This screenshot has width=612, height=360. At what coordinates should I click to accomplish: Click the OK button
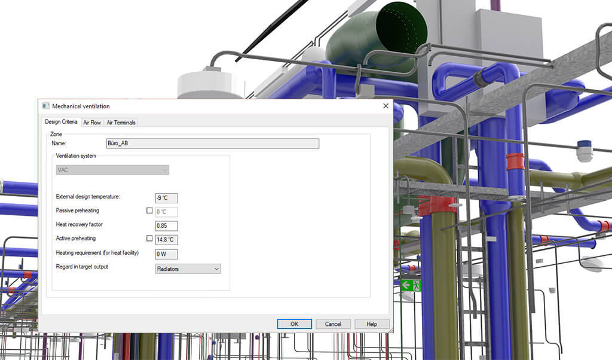click(294, 324)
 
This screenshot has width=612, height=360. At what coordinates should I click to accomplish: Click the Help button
click(372, 324)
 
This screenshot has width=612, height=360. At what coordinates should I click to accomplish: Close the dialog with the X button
click(385, 106)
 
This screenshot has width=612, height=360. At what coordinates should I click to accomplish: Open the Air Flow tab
click(92, 122)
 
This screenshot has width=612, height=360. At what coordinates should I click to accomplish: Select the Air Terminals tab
click(121, 122)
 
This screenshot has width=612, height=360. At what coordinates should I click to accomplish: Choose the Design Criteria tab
click(61, 122)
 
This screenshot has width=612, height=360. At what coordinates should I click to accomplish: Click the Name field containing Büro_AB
click(212, 144)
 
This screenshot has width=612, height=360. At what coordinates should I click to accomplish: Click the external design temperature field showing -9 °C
click(166, 198)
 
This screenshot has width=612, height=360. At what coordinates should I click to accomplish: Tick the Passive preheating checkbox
click(149, 210)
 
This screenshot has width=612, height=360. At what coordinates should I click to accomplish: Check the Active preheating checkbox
click(149, 238)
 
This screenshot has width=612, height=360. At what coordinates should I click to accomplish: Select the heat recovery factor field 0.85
click(166, 225)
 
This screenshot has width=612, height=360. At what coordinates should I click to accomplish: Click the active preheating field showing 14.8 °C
click(166, 239)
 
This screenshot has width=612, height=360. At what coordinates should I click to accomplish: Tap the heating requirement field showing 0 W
click(166, 254)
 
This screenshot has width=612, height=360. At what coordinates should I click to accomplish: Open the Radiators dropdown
click(188, 269)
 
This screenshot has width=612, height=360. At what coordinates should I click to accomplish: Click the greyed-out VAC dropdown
click(112, 170)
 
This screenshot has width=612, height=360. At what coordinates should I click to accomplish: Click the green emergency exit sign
click(411, 285)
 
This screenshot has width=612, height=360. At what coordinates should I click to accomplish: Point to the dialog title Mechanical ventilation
click(81, 106)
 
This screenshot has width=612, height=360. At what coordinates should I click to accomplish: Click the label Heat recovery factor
click(79, 224)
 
